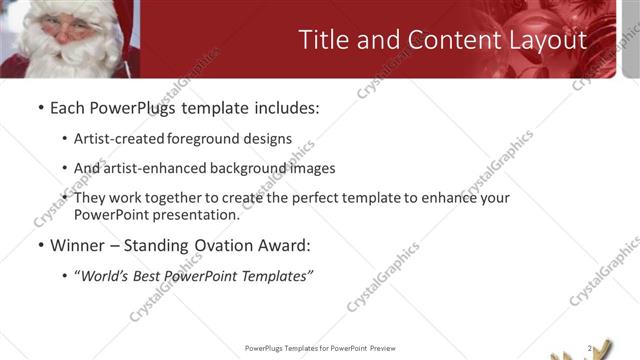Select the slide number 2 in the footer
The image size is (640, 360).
[589, 348]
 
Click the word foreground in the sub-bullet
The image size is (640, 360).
[205, 139]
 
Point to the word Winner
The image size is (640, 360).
[78, 244]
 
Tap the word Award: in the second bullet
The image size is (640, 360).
[284, 244]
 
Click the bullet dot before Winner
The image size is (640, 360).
[39, 245]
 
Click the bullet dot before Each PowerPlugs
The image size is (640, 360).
[39, 108]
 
